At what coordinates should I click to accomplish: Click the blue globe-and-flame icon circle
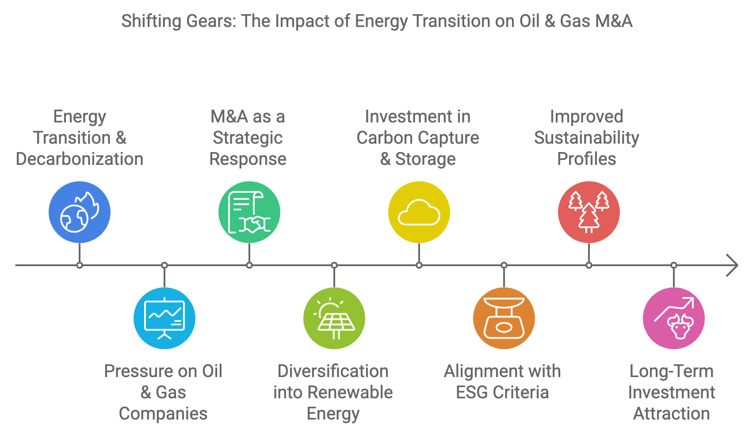(x=80, y=212)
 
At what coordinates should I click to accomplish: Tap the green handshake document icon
(x=249, y=212)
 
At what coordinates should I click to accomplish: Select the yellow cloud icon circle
(x=419, y=212)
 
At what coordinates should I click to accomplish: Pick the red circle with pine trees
(x=589, y=212)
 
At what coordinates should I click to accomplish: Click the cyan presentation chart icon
(x=164, y=318)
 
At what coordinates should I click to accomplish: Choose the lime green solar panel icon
(x=334, y=318)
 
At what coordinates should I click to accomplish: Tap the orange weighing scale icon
(x=504, y=318)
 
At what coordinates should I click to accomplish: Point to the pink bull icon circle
(x=674, y=318)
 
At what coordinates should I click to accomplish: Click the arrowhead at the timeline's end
(x=733, y=265)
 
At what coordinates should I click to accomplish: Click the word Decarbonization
(x=80, y=159)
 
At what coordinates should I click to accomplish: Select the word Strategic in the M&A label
(x=248, y=138)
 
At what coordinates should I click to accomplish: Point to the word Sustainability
(x=586, y=138)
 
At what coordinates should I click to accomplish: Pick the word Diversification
(x=333, y=371)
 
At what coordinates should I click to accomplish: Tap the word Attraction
(x=672, y=414)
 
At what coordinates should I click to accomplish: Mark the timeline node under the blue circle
(x=80, y=265)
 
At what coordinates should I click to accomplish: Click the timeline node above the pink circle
(x=674, y=265)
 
